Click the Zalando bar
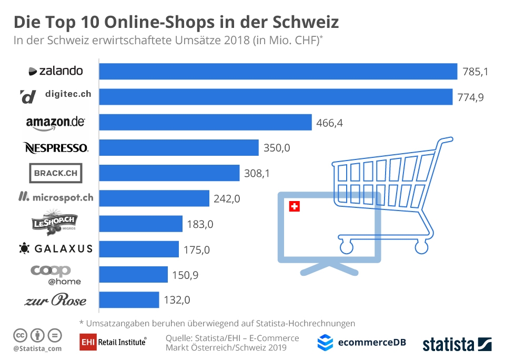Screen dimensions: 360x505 click(278, 71)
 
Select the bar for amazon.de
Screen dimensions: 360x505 click(205, 122)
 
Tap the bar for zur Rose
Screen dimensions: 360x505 click(129, 299)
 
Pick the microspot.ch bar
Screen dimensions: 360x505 click(154, 198)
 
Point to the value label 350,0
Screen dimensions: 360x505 click(277, 148)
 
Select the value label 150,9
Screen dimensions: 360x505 click(186, 275)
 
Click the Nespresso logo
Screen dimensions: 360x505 click(56, 148)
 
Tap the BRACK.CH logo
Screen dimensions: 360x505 click(56, 173)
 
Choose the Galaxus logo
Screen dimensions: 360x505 click(56, 248)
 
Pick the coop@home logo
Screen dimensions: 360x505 click(56, 274)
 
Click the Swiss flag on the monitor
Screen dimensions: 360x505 click(295, 207)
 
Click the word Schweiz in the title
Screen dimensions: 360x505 click(306, 22)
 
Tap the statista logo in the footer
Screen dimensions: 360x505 click(457, 344)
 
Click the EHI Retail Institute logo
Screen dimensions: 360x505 click(113, 342)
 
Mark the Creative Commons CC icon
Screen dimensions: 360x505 click(20, 335)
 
